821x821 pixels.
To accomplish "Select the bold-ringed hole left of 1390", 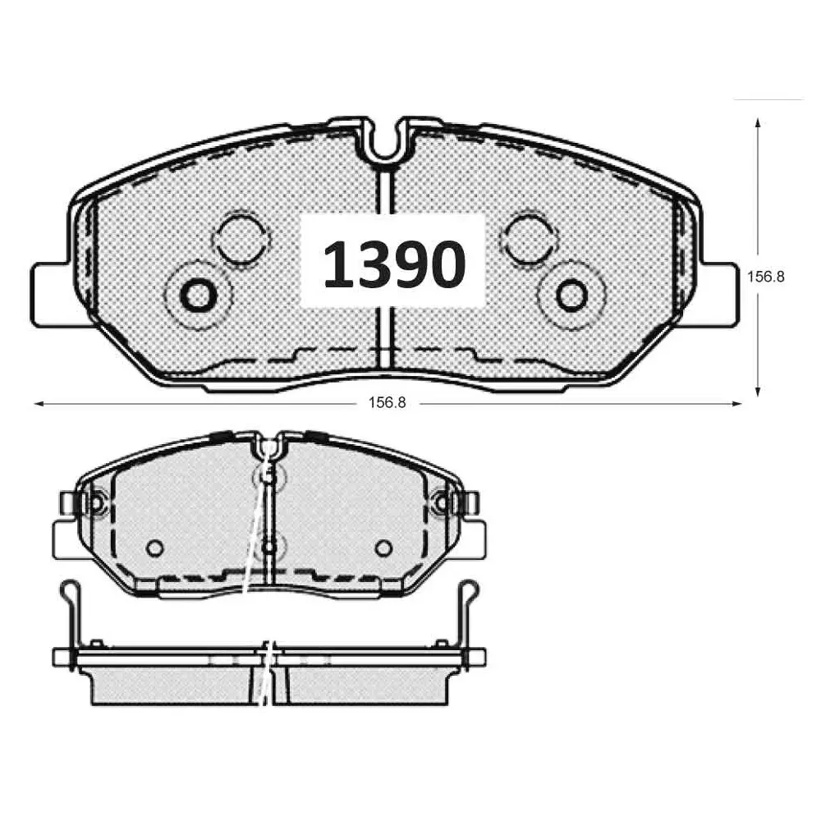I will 198,294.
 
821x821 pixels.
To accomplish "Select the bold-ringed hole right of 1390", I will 571,294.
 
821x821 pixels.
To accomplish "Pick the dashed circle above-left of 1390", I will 240,237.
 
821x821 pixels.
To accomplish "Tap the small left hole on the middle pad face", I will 154,548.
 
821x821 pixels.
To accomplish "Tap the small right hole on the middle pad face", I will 383,548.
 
